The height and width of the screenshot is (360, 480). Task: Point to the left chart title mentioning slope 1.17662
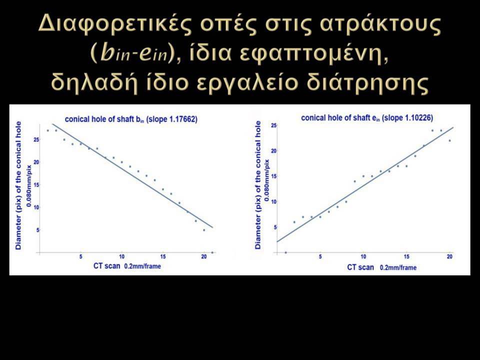point(131,119)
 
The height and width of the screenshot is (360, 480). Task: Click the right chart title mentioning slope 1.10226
point(367,118)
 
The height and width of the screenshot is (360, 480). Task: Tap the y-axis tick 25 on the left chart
point(36,139)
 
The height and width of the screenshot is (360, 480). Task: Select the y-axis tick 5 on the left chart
point(38,230)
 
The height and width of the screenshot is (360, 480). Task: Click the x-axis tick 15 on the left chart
point(163,256)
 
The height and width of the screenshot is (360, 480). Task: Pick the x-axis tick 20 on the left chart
point(204,256)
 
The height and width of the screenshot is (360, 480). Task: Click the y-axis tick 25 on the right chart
point(273,125)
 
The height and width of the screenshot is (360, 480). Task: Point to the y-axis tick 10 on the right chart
point(273,201)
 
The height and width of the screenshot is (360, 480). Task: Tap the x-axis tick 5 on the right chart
point(320,256)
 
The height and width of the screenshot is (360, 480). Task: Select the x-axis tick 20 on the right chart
point(449,256)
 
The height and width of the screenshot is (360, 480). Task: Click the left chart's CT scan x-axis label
point(127,265)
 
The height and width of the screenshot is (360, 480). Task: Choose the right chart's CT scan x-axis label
point(381,267)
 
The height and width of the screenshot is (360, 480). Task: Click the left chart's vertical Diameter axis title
point(18,185)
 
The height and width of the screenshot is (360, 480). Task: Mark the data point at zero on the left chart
point(212,252)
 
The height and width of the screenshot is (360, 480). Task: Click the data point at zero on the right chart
point(286,252)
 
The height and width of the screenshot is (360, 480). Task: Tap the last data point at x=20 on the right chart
point(449,140)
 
